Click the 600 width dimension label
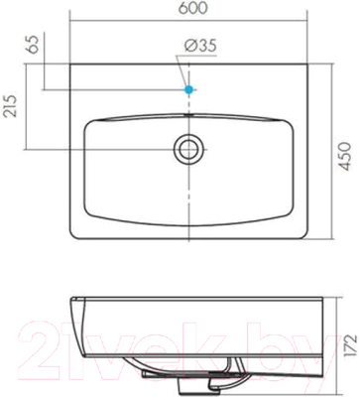pos(192,8)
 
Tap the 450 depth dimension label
pos(345,157)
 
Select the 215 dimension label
pos(10,105)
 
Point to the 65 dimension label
pos(34,44)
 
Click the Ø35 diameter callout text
pos(200,46)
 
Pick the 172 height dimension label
pos(350,343)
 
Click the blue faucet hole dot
pos(188,89)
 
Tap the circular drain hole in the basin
pos(188,149)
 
